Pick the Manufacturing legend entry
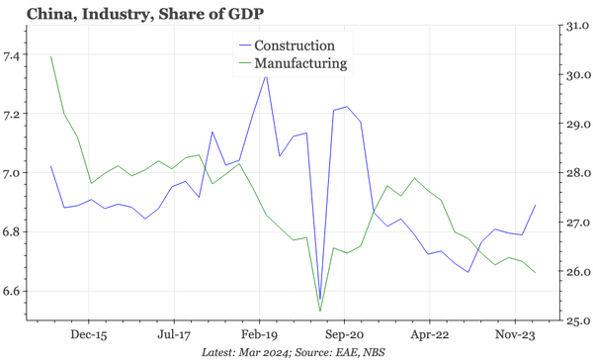pyautogui.click(x=300, y=63)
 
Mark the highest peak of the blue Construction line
pyautogui.click(x=266, y=75)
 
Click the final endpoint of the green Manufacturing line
pyautogui.click(x=536, y=273)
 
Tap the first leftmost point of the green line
pyautogui.click(x=50, y=55)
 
